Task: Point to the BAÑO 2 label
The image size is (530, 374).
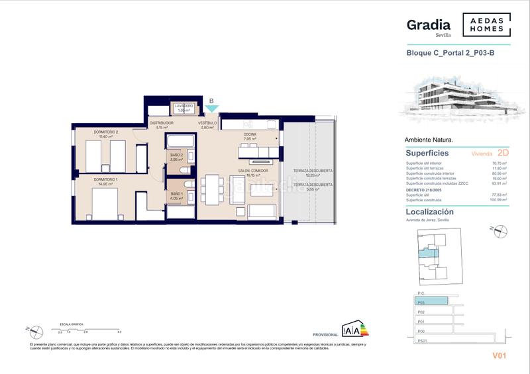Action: point(176,156)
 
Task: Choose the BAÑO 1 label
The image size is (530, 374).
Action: point(176,193)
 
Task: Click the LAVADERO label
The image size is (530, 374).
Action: point(184,106)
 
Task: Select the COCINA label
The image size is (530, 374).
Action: point(249,135)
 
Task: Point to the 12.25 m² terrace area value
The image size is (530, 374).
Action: point(313,175)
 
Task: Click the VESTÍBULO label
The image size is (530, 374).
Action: point(207,123)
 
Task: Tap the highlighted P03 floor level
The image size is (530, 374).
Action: point(431,302)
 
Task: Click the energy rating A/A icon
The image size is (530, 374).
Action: point(352,330)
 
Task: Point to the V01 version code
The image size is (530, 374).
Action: point(499,355)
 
